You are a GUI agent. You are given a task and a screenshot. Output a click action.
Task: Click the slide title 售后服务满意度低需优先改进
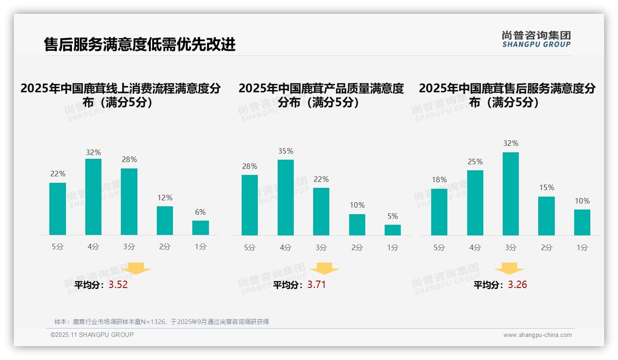pyautogui.click(x=140, y=44)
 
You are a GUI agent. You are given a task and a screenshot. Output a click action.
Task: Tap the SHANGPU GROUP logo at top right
pyautogui.click(x=536, y=39)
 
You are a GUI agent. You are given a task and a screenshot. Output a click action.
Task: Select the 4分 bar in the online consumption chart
pyautogui.click(x=93, y=197)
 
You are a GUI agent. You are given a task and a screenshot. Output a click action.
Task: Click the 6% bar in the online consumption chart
pyautogui.click(x=201, y=228)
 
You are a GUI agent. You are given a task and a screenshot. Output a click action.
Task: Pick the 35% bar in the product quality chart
pyautogui.click(x=285, y=198)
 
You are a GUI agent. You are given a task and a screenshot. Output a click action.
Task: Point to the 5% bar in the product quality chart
pyautogui.click(x=392, y=230)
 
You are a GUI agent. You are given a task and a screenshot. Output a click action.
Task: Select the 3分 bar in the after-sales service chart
pyautogui.click(x=511, y=194)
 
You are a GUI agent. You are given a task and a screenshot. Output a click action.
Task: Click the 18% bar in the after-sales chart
pyautogui.click(x=439, y=212)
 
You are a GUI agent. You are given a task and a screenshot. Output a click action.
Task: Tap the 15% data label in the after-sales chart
pyautogui.click(x=546, y=188)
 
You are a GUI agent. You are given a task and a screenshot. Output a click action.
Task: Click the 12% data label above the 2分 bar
pyautogui.click(x=165, y=198)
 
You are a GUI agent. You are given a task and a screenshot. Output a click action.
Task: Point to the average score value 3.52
pyautogui.click(x=118, y=285)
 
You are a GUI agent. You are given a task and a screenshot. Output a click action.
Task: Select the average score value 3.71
pyautogui.click(x=316, y=285)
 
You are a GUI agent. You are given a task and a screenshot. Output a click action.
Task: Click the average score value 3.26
pyautogui.click(x=517, y=285)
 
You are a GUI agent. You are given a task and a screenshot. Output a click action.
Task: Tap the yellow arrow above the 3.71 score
pyautogui.click(x=324, y=269)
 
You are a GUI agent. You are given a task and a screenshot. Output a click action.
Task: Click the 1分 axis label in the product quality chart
pyautogui.click(x=392, y=247)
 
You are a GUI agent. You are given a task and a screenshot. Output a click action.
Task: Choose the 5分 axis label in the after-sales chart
pyautogui.click(x=439, y=247)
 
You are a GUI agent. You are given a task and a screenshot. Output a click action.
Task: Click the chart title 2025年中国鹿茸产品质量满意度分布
pyautogui.click(x=321, y=95)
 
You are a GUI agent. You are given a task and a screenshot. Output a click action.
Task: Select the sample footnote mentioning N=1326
pyautogui.click(x=161, y=322)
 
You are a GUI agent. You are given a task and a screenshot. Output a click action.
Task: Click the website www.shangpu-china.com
pyautogui.click(x=537, y=335)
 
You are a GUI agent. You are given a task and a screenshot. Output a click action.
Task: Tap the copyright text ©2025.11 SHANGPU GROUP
pyautogui.click(x=92, y=335)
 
